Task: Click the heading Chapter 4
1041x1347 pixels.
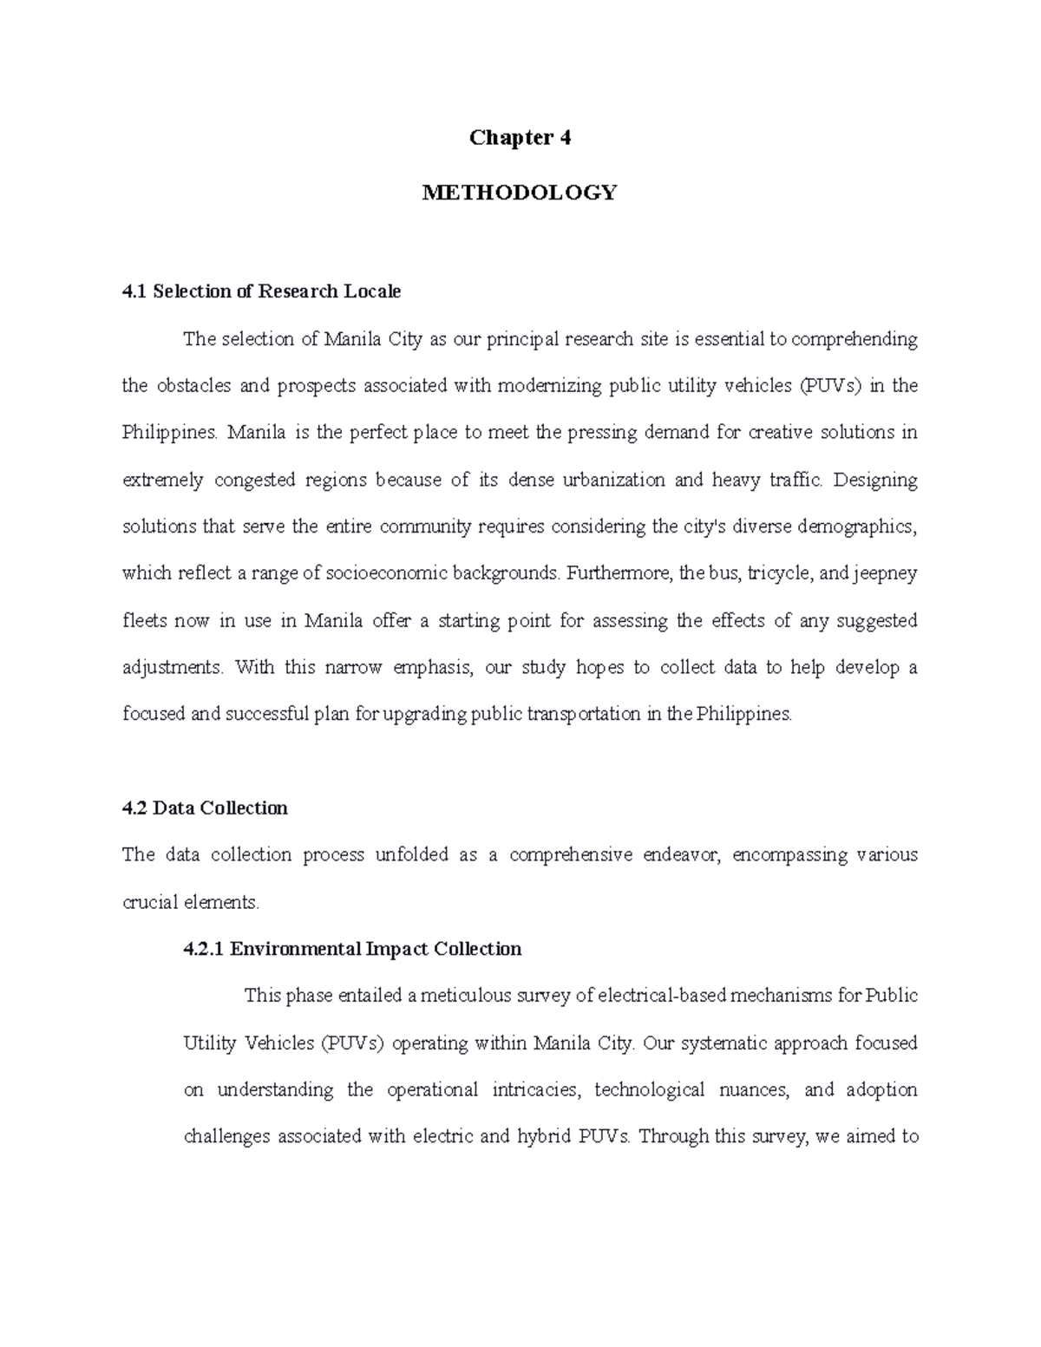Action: click(520, 138)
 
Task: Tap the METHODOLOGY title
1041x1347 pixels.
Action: click(520, 193)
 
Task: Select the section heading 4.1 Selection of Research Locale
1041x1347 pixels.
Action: click(261, 291)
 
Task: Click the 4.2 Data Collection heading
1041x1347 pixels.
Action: click(205, 808)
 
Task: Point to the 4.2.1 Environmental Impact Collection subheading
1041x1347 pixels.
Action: click(352, 949)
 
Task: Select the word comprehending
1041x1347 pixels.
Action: click(854, 339)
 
